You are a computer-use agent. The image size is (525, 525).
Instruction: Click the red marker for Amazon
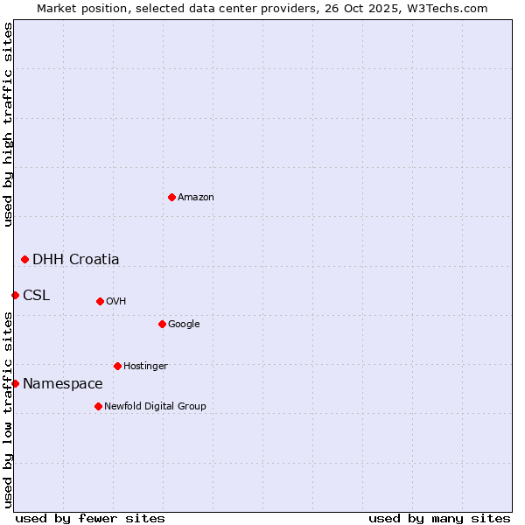point(171,197)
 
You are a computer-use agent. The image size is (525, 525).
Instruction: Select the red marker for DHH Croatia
point(24,259)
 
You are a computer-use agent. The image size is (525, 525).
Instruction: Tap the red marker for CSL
point(15,295)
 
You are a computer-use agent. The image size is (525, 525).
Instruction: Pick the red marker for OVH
point(100,301)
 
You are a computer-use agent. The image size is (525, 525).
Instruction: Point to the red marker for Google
point(162,324)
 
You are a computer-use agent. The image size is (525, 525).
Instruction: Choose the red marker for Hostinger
point(117,366)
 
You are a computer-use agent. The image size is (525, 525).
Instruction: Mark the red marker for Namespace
point(15,383)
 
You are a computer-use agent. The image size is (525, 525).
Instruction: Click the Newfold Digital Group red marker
point(98,406)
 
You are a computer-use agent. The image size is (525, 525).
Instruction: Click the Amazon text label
point(196,198)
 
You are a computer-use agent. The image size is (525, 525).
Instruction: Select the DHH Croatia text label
point(76,259)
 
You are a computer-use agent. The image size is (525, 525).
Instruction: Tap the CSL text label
point(37,295)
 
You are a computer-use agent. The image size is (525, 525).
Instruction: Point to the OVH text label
point(116,302)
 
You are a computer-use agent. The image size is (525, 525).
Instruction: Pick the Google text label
point(184,325)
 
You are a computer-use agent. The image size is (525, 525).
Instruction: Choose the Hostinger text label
point(145,367)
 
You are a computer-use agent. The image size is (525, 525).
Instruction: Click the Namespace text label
point(63,383)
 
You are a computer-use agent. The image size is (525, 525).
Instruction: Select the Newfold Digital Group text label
point(155,407)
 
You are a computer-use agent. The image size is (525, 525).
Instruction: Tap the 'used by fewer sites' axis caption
point(90,518)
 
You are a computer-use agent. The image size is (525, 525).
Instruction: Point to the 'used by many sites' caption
point(439,518)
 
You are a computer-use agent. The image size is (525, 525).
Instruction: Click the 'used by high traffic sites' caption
point(8,125)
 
